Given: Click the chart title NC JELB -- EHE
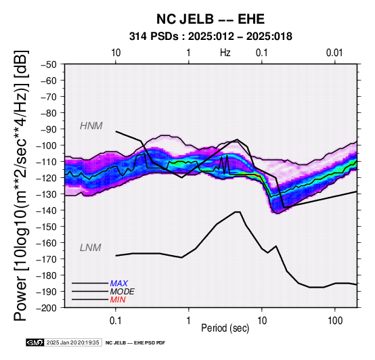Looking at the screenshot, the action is (x=211, y=19).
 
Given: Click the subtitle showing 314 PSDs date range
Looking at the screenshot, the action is (x=211, y=37).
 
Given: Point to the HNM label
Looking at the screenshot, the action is (x=91, y=126).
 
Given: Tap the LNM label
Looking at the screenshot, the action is (x=91, y=248).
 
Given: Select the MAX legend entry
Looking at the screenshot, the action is (x=119, y=284).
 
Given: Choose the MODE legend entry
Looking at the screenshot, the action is (x=123, y=292).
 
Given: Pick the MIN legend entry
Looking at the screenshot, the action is (x=118, y=300).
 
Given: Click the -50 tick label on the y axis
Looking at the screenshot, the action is (x=49, y=64).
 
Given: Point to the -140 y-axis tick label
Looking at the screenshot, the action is (x=47, y=210).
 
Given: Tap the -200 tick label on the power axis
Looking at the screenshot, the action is (x=47, y=308).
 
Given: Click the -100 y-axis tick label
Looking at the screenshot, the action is (x=47, y=145).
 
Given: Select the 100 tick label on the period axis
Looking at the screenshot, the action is (x=335, y=321).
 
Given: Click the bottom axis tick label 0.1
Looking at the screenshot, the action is (x=116, y=321).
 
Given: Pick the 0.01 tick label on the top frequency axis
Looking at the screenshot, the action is (x=334, y=53).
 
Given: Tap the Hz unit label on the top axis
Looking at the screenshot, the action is (x=225, y=53).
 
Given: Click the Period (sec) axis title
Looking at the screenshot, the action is (x=225, y=328).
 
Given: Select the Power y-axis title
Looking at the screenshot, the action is (x=21, y=185).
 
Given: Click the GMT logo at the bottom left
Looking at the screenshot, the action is (x=35, y=342).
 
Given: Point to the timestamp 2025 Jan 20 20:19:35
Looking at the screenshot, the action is (x=72, y=342).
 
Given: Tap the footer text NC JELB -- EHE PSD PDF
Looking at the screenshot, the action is (x=135, y=343).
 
